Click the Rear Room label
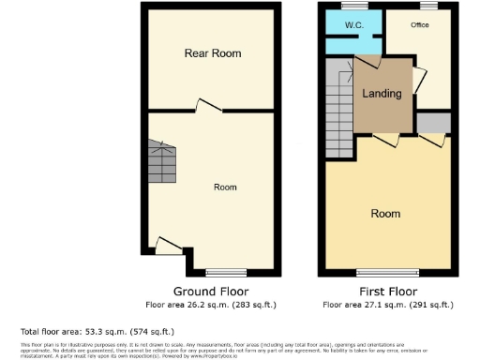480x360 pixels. (212, 53)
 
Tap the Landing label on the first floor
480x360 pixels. (382, 94)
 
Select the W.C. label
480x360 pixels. (354, 25)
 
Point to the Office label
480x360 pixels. (419, 25)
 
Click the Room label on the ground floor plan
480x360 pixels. (225, 187)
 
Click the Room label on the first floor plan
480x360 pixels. (385, 214)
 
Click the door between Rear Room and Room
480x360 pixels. (208, 106)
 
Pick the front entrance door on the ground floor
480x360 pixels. (169, 246)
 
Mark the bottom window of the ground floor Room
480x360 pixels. (225, 271)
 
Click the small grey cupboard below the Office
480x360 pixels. (432, 122)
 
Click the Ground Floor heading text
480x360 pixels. (212, 291)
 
